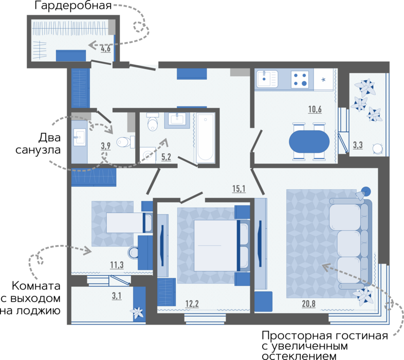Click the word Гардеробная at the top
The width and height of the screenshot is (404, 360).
click(73, 6)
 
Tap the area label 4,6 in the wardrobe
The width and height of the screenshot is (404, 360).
click(106, 48)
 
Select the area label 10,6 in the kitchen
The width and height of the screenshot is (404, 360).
click(315, 110)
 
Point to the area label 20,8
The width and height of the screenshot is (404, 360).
click(309, 303)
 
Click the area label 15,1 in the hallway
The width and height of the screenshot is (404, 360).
click(239, 189)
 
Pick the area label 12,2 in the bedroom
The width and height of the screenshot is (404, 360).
click(192, 304)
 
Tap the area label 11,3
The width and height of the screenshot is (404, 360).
click(117, 265)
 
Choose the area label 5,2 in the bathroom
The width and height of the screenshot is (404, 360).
click(166, 157)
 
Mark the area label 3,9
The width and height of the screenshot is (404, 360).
click(106, 146)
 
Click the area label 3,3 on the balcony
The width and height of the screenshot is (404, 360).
click(358, 145)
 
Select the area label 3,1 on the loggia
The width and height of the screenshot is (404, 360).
click(117, 296)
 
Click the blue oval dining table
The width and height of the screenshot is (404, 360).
click(309, 141)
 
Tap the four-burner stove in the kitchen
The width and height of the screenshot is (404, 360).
click(300, 79)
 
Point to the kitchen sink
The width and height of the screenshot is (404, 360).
click(267, 79)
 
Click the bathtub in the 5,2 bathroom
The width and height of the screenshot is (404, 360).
click(206, 138)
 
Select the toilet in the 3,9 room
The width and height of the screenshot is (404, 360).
click(125, 142)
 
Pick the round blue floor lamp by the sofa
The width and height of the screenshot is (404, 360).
click(365, 192)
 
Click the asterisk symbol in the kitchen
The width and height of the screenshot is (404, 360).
click(323, 80)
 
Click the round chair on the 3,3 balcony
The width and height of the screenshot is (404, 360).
click(378, 149)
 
